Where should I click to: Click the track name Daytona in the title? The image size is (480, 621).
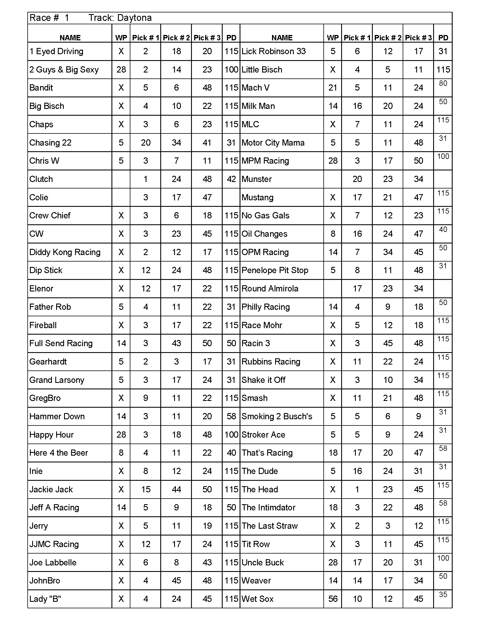[134, 18]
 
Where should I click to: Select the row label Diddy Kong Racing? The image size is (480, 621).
[65, 252]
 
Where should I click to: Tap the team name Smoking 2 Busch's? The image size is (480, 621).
[277, 416]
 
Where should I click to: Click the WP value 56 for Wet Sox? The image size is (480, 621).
[333, 599]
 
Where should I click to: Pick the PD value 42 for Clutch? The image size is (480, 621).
[231, 179]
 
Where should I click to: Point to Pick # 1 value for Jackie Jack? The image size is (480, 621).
[146, 489]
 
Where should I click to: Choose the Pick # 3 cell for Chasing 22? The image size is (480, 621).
[207, 143]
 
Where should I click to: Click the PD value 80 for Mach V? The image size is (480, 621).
[443, 83]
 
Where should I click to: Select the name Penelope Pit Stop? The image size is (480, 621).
[275, 270]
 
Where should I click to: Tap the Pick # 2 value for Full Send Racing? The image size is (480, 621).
[176, 343]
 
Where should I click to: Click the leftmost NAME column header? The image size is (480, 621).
[70, 38]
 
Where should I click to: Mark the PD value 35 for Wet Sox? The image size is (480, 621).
[443, 594]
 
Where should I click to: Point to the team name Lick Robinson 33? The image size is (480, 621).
[273, 51]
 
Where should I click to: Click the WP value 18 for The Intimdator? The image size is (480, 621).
[333, 508]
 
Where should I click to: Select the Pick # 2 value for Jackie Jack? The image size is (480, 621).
[176, 489]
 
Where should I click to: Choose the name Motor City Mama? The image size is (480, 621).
[273, 143]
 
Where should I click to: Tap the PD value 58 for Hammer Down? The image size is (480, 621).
[231, 416]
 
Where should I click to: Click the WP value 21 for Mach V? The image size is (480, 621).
[333, 88]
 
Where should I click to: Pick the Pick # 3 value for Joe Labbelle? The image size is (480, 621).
[207, 562]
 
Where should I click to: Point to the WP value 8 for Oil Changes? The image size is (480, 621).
[333, 234]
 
